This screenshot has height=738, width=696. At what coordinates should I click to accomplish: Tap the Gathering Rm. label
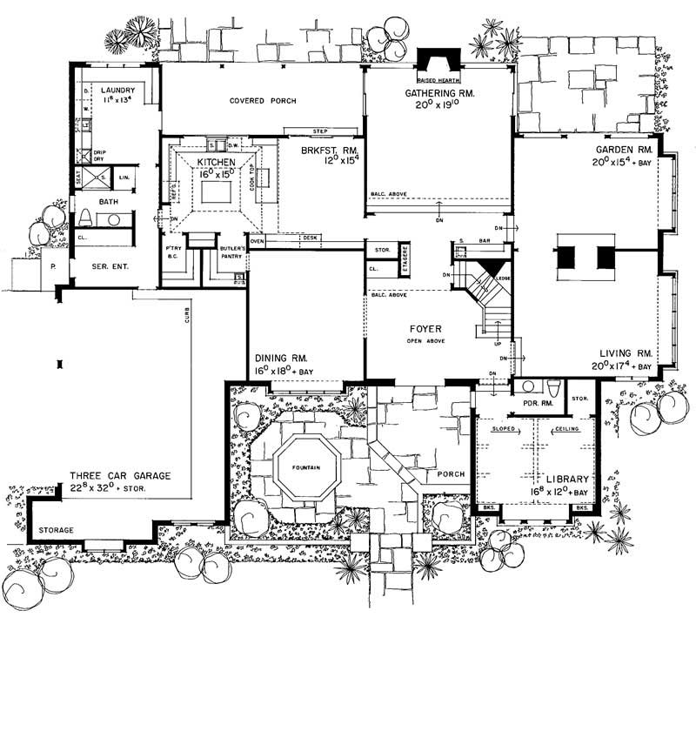coord(438,93)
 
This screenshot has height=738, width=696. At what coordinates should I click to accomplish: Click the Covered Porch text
coord(263,101)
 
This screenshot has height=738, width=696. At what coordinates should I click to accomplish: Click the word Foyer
coord(427,329)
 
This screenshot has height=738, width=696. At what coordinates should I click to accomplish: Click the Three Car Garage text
coord(120,476)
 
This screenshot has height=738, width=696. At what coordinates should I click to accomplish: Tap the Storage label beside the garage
coord(55,530)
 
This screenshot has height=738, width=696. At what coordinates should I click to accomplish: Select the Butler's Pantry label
coord(235,252)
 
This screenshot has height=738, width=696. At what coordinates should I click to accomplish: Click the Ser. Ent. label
coord(112,265)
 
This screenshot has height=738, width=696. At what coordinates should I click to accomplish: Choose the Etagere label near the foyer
coord(405,261)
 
